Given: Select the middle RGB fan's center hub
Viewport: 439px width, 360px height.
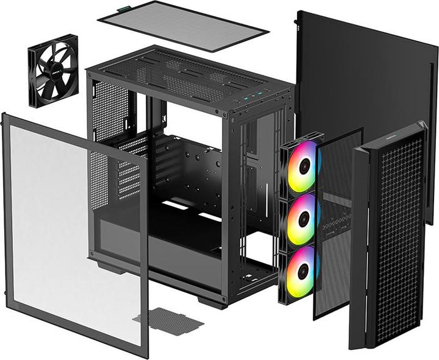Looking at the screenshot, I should (303, 219).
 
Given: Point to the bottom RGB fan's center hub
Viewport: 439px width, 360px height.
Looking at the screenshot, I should (301, 272).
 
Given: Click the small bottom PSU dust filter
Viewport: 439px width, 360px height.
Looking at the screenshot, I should (168, 320).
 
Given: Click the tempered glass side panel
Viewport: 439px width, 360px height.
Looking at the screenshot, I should (73, 231).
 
